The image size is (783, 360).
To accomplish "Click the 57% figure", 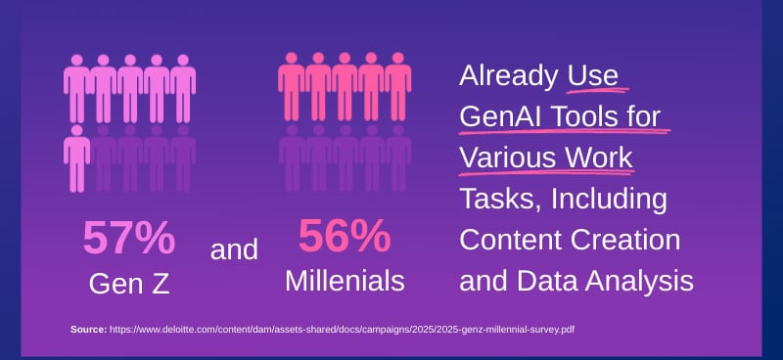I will (x=129, y=238).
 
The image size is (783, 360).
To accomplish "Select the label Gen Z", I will (x=129, y=284).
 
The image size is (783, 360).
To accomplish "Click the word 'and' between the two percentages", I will (x=235, y=249).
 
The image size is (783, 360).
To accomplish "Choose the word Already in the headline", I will (x=510, y=75).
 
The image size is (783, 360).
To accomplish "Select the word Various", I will (x=508, y=157).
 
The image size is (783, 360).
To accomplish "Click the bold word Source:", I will (x=88, y=330).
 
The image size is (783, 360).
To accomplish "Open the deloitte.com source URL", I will (x=342, y=330).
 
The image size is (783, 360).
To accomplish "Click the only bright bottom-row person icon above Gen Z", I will (x=77, y=157).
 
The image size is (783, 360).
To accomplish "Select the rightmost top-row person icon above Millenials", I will (x=397, y=86).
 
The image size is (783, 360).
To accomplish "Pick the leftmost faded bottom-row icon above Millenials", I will (x=292, y=157).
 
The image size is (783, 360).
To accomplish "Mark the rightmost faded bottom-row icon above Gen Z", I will (x=183, y=157).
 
